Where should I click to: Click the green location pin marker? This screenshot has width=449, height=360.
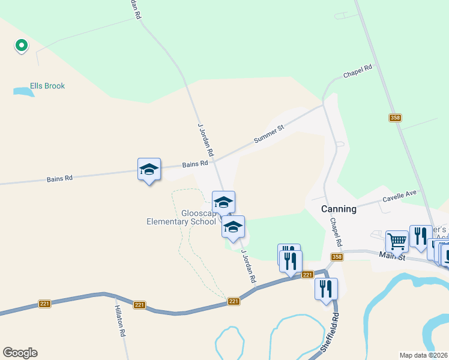pyautogui.click(x=21, y=45)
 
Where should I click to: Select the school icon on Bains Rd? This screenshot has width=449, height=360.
pyautogui.click(x=149, y=169)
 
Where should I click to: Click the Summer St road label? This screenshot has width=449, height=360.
pyautogui.click(x=268, y=134)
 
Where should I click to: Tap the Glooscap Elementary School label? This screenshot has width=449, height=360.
pyautogui.click(x=181, y=217)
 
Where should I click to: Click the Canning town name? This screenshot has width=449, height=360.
pyautogui.click(x=339, y=209)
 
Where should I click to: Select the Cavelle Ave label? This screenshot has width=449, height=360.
pyautogui.click(x=399, y=199)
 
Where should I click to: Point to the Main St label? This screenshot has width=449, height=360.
pyautogui.click(x=393, y=257)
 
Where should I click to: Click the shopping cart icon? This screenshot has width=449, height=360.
pyautogui.click(x=397, y=241)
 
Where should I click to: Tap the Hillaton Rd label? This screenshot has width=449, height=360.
pyautogui.click(x=120, y=320)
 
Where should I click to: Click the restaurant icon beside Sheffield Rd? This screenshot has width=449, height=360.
pyautogui.click(x=326, y=288)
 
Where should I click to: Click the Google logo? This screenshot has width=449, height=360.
pyautogui.click(x=20, y=353)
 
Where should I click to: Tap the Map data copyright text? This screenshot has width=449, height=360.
pyautogui.click(x=424, y=355)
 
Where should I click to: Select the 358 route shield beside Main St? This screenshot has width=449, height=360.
pyautogui.click(x=337, y=257)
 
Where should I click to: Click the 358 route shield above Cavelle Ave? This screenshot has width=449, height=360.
pyautogui.click(x=394, y=118)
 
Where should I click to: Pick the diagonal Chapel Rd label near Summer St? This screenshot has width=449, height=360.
pyautogui.click(x=358, y=71)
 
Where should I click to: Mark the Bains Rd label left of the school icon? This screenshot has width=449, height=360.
pyautogui.click(x=60, y=178)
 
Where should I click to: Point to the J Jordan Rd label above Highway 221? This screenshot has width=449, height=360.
pyautogui.click(x=249, y=266)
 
